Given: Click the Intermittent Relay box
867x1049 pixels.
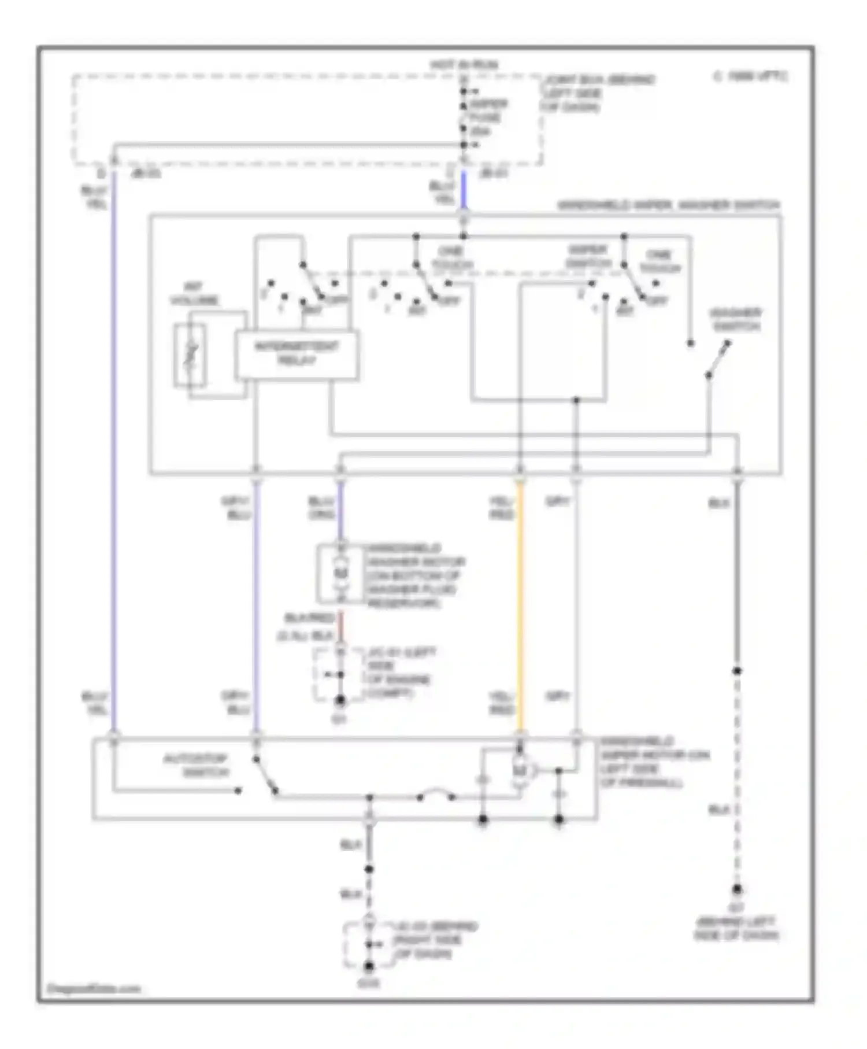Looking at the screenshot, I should [x=297, y=354].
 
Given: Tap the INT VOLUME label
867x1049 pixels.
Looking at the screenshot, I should [x=194, y=294].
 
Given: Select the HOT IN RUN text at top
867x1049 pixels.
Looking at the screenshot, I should [x=464, y=65].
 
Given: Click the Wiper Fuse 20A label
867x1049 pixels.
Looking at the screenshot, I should [x=488, y=118].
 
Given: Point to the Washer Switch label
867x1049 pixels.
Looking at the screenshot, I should [x=736, y=320].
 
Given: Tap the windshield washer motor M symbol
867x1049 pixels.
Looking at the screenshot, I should [x=341, y=573].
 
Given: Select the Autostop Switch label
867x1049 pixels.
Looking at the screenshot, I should [x=196, y=765].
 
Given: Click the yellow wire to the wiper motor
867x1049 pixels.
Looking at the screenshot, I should [x=520, y=607].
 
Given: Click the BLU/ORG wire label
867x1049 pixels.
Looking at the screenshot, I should [x=321, y=508].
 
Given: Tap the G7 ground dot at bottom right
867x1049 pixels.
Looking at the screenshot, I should [x=738, y=890].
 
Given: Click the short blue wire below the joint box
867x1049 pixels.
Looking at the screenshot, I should [x=464, y=191].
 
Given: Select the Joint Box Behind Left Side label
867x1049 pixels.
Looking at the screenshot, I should [x=598, y=94].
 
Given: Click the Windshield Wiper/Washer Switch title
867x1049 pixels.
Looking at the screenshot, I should [x=668, y=205].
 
